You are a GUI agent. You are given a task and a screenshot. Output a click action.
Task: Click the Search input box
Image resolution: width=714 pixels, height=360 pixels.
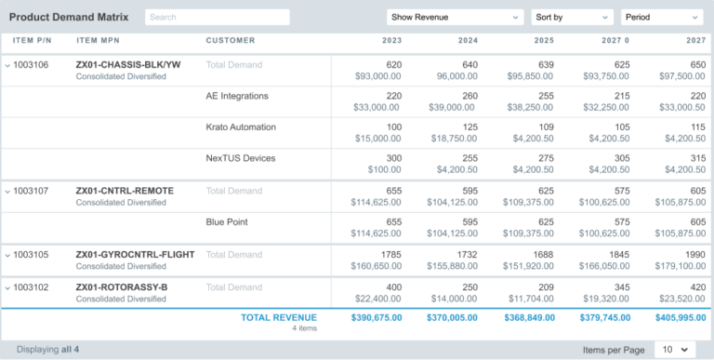217,17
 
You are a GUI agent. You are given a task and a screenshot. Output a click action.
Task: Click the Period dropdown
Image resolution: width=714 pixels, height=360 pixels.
661,17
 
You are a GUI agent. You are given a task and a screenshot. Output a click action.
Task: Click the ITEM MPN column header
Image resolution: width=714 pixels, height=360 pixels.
99,41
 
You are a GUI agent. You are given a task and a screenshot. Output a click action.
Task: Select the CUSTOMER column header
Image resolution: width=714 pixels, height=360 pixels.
231,41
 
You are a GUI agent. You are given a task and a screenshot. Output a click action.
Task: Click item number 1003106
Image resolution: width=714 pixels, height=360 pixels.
32,64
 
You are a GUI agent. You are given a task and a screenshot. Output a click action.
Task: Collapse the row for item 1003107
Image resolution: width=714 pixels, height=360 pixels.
7,191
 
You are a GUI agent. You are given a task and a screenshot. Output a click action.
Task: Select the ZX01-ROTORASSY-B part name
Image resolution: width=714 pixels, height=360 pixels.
122,287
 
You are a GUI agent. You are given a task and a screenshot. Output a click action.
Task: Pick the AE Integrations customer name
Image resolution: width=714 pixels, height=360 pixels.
237,96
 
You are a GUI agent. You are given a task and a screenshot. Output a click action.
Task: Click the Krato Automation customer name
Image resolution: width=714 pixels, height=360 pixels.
241,127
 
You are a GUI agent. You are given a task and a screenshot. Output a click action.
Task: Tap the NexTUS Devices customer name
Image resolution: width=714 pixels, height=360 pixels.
241,158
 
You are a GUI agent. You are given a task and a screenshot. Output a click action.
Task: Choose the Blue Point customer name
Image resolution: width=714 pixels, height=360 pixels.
227,222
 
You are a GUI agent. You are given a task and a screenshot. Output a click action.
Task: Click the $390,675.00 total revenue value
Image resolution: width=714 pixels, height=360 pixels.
376,318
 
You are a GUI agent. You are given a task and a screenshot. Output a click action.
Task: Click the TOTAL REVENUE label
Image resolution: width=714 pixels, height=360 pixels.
279,318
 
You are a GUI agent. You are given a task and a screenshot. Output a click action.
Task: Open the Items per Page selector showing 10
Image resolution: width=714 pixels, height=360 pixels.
674,349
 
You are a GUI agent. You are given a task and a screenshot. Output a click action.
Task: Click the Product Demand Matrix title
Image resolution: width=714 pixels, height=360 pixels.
69,17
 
